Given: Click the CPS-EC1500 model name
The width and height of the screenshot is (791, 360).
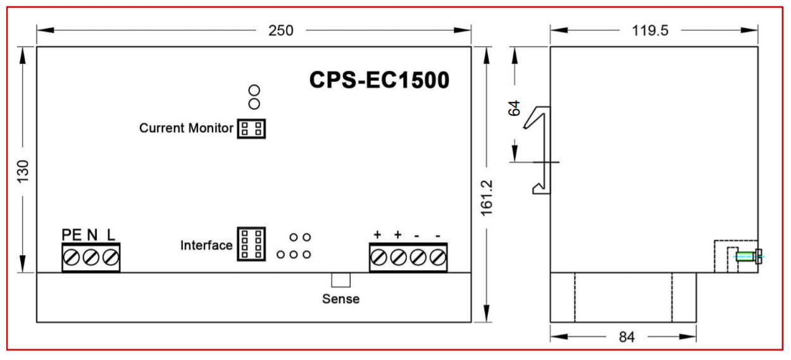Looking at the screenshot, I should tap(379, 81).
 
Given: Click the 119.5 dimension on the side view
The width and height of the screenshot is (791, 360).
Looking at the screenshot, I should tap(654, 30).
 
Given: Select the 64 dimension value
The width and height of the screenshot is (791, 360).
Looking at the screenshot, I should tap(514, 108).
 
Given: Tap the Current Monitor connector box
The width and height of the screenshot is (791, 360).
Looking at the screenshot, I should tap(251, 129).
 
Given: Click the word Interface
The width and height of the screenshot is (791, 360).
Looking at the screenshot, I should tap(207, 245).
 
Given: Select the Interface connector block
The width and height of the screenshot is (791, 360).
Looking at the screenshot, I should tap(251, 244).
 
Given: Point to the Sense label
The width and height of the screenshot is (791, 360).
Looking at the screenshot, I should tap(340, 299).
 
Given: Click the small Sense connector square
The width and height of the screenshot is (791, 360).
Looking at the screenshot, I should tap(341, 280).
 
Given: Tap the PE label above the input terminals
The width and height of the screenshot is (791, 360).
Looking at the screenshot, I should tap(72, 235).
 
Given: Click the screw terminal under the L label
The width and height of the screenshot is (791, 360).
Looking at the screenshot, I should tap(110, 258).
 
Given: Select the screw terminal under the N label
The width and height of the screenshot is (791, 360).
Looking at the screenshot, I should tap(90, 258).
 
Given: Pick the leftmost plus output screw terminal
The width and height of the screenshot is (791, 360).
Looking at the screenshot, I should tap(378, 258).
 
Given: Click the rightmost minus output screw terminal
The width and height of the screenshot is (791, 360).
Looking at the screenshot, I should tap(437, 258).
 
